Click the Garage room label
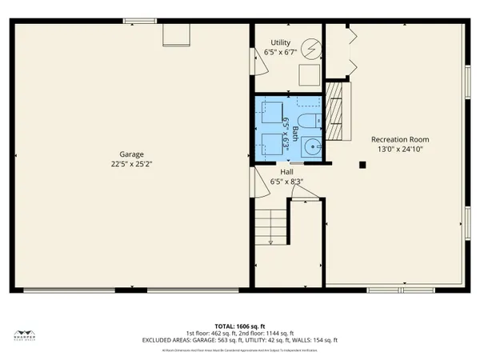tap(131, 154)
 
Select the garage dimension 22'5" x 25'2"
tap(131, 163)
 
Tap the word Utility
tap(280, 43)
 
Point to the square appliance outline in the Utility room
tap(307, 75)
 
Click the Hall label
tap(286, 172)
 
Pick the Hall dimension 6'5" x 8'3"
tap(286, 182)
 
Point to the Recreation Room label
tap(400, 139)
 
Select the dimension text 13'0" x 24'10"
tap(400, 149)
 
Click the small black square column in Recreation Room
tap(362, 165)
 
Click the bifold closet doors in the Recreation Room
tap(349, 48)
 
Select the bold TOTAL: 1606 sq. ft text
tap(240, 326)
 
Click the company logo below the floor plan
tap(27, 334)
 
